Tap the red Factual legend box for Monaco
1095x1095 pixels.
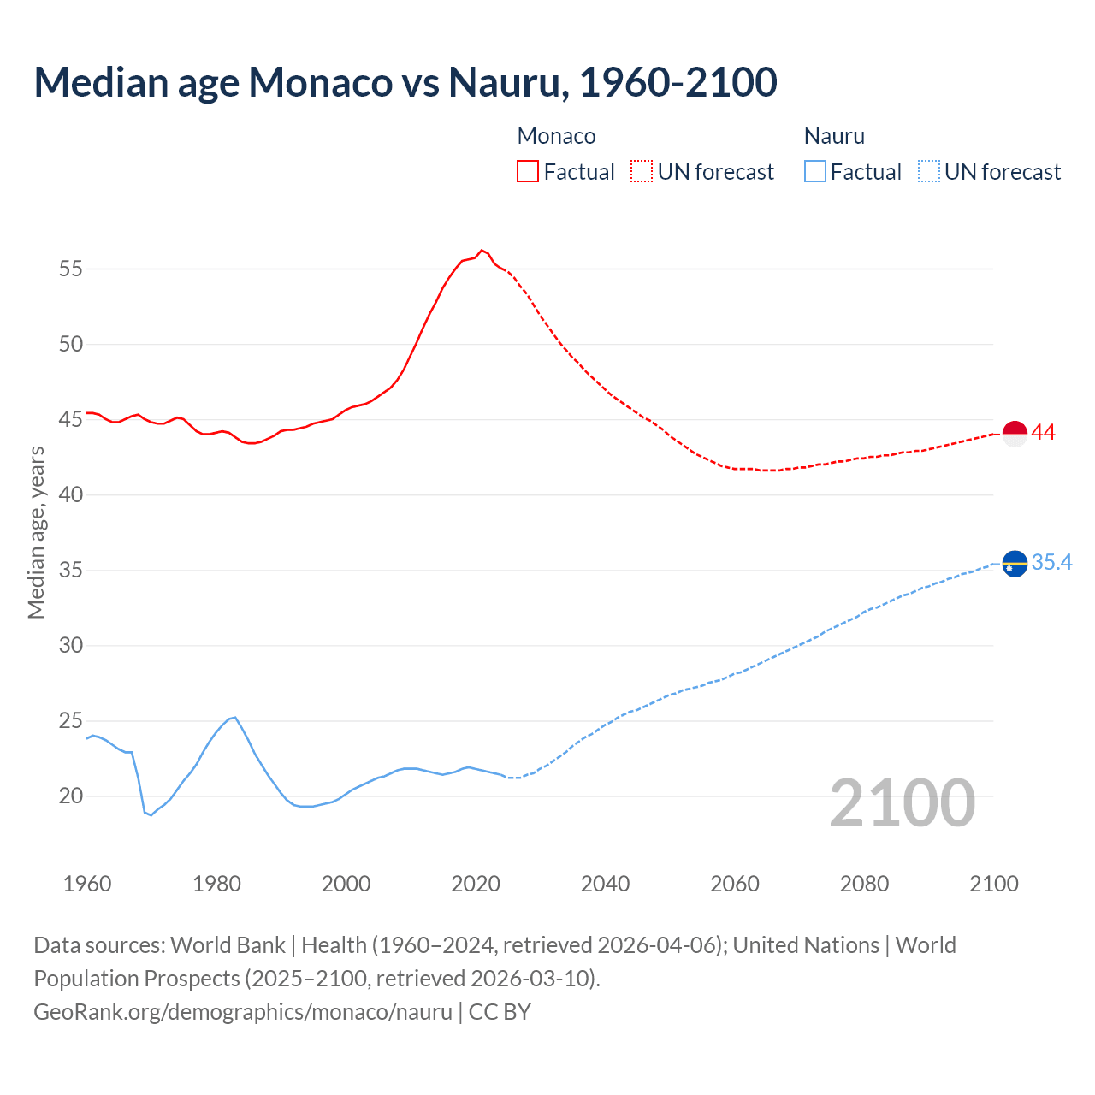pos(528,171)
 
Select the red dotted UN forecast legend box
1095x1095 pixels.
pos(642,171)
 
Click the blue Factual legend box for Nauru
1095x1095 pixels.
pos(815,171)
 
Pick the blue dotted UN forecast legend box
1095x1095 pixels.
pos(929,171)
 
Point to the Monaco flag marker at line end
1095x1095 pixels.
pos(1014,434)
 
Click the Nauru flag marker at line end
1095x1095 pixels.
pos(1014,564)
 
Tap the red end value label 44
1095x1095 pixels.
pos(1044,433)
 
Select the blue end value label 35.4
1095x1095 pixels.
pos(1051,563)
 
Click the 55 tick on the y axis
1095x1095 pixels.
pos(71,269)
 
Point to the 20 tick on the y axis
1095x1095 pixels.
pos(71,796)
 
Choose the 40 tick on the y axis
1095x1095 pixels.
pos(71,495)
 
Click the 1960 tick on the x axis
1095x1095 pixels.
pos(87,884)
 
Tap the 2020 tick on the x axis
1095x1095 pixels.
pos(476,884)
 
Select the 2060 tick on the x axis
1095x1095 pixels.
pos(735,884)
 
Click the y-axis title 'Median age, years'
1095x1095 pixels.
pos(36,532)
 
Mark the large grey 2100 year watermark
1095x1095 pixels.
pos(902,802)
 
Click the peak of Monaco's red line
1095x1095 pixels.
pos(482,250)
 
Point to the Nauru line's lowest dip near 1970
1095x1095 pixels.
pos(151,814)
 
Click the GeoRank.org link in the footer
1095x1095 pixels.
pos(243,1012)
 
